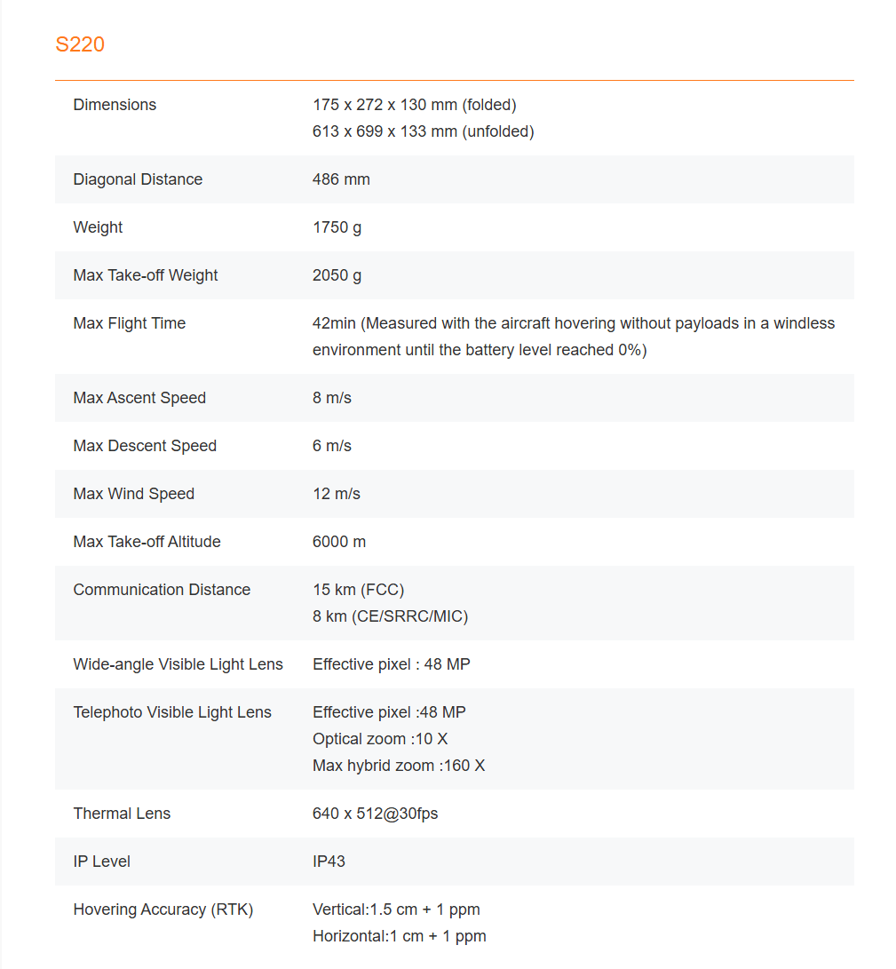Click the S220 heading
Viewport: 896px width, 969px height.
click(80, 44)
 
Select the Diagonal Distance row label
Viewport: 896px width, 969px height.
click(138, 179)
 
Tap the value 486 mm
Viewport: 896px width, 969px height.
click(341, 179)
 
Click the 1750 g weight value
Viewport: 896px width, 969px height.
click(337, 227)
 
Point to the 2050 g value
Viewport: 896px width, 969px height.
click(337, 275)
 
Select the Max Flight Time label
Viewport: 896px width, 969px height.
click(130, 323)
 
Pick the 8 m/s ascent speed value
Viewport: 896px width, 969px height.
click(332, 398)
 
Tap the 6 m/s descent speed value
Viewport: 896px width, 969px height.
click(332, 446)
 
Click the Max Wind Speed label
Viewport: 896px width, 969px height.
click(133, 494)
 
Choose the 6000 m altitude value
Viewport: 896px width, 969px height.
click(339, 542)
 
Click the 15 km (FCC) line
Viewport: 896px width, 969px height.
click(358, 590)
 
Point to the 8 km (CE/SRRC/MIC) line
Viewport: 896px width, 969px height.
click(390, 616)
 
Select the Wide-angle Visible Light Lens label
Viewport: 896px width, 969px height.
click(178, 664)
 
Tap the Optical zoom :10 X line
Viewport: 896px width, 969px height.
click(380, 739)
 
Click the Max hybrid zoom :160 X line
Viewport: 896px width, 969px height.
click(399, 766)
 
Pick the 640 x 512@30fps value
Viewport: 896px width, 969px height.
click(375, 814)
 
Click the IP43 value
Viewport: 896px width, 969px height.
click(329, 862)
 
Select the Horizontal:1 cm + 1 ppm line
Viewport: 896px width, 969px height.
click(399, 936)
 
